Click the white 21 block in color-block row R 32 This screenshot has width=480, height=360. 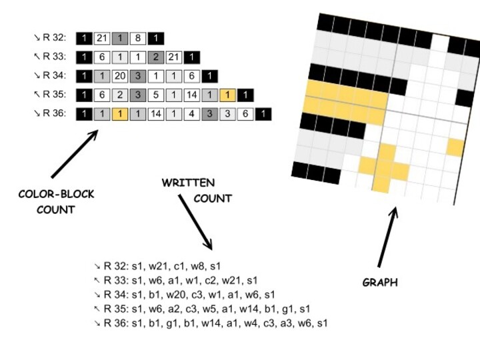pyautogui.click(x=102, y=39)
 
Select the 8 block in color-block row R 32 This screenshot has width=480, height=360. pyautogui.click(x=137, y=39)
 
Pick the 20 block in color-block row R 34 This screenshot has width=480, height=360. pyautogui.click(x=119, y=77)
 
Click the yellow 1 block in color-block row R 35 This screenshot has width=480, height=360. pyautogui.click(x=228, y=95)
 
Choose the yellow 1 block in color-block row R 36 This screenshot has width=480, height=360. pyautogui.click(x=119, y=114)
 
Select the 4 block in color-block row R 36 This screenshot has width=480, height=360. pyautogui.click(x=191, y=114)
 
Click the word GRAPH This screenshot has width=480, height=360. pyautogui.click(x=380, y=283)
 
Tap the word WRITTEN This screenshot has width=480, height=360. pyautogui.click(x=188, y=183)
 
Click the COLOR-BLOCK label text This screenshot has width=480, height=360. pyautogui.click(x=56, y=195)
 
